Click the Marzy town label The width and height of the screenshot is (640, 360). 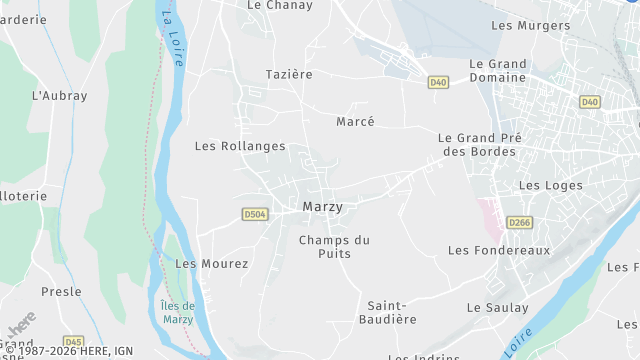(x=322, y=207)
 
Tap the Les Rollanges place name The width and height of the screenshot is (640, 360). (x=240, y=146)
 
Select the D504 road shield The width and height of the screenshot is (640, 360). (x=255, y=214)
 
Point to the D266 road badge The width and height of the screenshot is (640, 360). (x=518, y=223)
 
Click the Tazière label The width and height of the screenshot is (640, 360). (x=289, y=75)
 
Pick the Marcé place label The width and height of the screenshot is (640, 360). (x=355, y=122)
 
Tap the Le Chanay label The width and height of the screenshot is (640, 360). (x=280, y=6)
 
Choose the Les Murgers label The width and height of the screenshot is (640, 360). (x=531, y=25)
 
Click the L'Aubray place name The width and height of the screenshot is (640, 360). (x=60, y=96)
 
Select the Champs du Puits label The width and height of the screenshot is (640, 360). (x=334, y=246)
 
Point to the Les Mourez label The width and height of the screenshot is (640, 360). (x=212, y=264)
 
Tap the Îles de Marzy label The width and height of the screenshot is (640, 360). (x=178, y=312)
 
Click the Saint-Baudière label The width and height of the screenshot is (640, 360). (x=392, y=312)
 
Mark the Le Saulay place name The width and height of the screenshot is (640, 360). (x=497, y=308)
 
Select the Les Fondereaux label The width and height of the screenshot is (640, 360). (x=499, y=250)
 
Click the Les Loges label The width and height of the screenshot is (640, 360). (x=543, y=186)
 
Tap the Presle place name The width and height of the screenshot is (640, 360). (x=61, y=292)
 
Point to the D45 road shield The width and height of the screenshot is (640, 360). (x=74, y=341)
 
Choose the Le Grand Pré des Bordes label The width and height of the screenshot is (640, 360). (x=477, y=144)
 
